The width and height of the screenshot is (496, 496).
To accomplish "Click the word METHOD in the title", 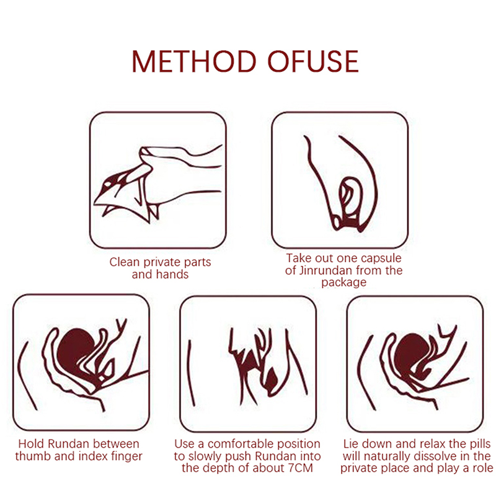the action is (x=193, y=61).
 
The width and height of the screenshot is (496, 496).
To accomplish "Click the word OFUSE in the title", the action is (x=313, y=61).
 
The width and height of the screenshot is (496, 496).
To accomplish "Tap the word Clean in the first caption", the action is (x=125, y=262).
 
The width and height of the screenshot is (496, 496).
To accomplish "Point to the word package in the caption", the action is (x=343, y=282).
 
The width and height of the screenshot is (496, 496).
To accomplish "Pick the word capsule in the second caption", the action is (x=381, y=259).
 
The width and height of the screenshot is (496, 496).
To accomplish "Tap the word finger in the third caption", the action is (x=127, y=456).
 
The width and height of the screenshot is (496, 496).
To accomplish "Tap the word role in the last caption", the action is (x=483, y=468).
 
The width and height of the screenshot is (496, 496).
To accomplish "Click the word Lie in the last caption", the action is (x=351, y=444).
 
